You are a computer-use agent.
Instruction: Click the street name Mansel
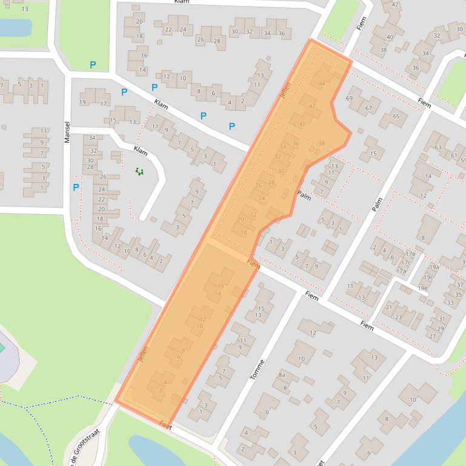[x=67, y=132]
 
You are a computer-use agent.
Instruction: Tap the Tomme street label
[x=258, y=369]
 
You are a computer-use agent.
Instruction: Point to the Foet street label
[x=166, y=427]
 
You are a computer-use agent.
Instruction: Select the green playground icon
[x=139, y=172]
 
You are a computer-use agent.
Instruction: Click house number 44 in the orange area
[x=321, y=84]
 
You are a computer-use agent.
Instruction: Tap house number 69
[x=349, y=98]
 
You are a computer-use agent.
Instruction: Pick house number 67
[x=368, y=108]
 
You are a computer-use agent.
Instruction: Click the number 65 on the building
[x=396, y=116]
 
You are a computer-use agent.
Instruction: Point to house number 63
[x=438, y=147]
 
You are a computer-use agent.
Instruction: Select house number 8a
[x=282, y=375]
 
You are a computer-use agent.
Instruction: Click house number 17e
[x=410, y=254]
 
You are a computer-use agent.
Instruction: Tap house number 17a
[x=401, y=271]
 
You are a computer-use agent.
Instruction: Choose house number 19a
[x=434, y=267]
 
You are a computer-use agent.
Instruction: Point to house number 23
[x=399, y=317]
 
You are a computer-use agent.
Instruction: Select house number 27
[x=432, y=336]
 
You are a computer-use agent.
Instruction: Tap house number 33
[x=450, y=303]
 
